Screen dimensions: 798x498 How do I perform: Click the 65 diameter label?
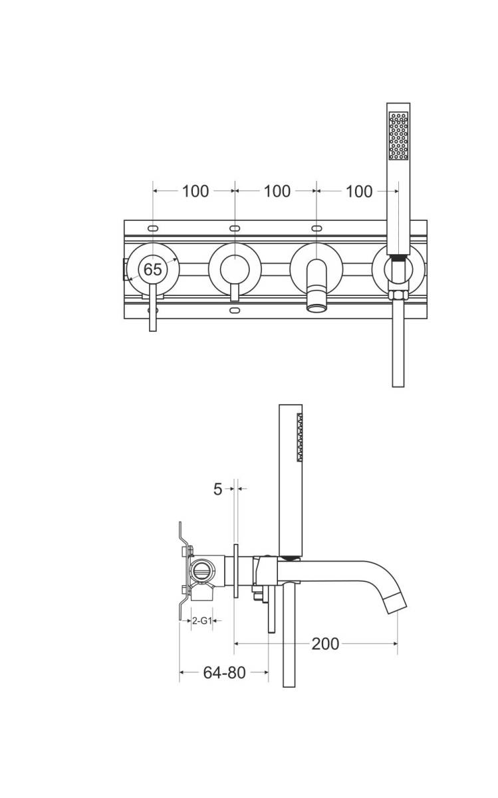coord(152,269)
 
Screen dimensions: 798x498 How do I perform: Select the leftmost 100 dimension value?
coord(195,192)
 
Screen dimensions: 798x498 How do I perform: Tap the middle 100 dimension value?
coord(277,192)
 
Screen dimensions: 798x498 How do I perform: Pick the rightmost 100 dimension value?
coord(359,192)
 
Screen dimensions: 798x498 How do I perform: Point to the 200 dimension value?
coord(325,643)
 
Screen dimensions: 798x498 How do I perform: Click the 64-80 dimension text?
coord(224,672)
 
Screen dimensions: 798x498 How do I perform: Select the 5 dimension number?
coord(217,489)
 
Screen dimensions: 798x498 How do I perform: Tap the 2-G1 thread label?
coord(201,620)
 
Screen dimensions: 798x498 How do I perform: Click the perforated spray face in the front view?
coord(398,136)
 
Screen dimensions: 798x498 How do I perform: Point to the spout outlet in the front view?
coord(316,307)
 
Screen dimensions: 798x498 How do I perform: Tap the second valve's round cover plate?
coord(234,269)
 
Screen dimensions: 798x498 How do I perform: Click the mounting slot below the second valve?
coord(234,310)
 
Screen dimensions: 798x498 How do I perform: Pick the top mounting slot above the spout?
coord(316,228)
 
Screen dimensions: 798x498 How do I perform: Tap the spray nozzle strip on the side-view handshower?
coord(301,437)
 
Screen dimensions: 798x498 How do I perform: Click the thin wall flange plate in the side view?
coord(235,573)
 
